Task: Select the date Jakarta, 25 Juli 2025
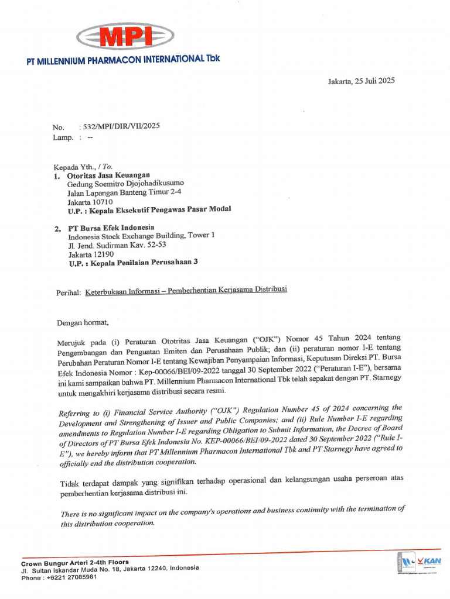pos(361,81)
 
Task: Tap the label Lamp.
pos(63,137)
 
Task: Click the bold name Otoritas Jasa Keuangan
pos(108,175)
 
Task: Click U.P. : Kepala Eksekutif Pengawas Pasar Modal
pos(149,209)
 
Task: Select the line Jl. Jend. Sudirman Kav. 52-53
pos(117,245)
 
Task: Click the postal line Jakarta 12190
pos(91,254)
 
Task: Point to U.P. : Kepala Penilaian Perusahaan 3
pos(133,263)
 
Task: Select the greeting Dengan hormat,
pos(83,322)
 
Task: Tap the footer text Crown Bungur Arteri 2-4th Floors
pos(75,562)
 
